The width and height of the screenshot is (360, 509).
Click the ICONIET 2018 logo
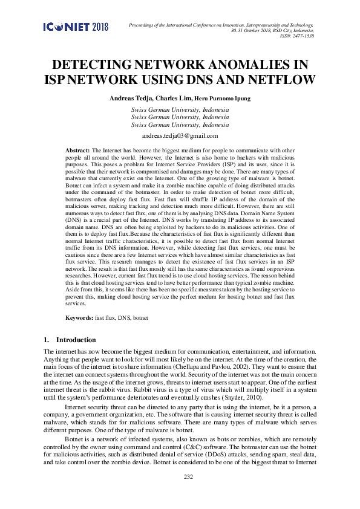(76, 27)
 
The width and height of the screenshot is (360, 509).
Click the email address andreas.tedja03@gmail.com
(180, 137)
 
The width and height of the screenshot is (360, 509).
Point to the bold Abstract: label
(77, 149)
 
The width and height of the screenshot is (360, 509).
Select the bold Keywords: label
(79, 317)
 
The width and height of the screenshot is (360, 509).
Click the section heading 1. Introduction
(70, 340)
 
